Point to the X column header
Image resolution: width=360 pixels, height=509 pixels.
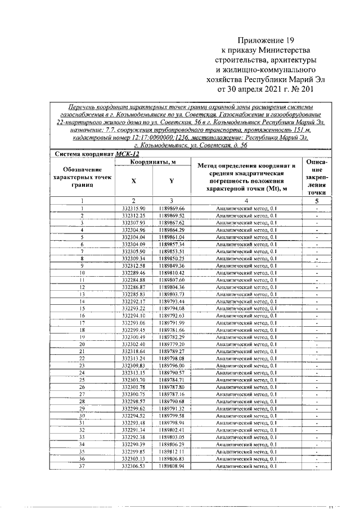133,181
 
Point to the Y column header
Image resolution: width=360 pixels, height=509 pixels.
171,181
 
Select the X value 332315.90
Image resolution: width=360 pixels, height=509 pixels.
133,209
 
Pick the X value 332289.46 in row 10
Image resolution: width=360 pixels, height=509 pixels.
133,272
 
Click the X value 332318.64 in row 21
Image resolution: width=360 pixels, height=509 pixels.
133,351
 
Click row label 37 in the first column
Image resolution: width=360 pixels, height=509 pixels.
82,466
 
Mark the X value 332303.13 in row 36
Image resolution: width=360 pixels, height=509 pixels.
133,458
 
